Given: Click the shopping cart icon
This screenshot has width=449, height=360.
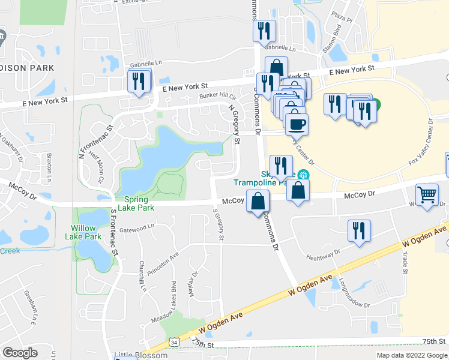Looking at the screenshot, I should click(427, 195).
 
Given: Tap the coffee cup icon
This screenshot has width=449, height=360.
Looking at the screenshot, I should click(296, 125).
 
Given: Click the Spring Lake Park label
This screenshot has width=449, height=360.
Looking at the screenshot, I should click(139, 204).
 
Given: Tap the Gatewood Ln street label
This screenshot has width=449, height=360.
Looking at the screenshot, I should click(137, 229).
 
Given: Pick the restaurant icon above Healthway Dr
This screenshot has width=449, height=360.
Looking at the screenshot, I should click(359, 231).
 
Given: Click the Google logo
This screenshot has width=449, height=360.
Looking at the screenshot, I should click(20, 353).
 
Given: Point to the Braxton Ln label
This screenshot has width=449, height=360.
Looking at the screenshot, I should click(50, 169).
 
